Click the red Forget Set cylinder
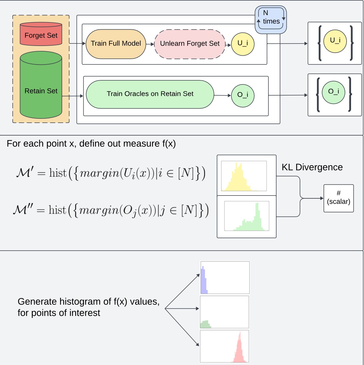coord(41,34)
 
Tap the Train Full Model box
coord(116,44)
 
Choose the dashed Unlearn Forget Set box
coord(190,44)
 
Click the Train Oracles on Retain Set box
coord(150,94)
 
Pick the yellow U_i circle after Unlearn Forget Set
coord(243,44)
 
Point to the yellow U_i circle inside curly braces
coord(335,41)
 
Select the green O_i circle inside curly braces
coord(334,92)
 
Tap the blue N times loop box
coord(271,19)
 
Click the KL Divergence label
coord(312,167)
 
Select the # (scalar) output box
coord(339,198)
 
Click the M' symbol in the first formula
coord(25,173)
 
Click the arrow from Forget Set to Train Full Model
coord(77,43)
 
